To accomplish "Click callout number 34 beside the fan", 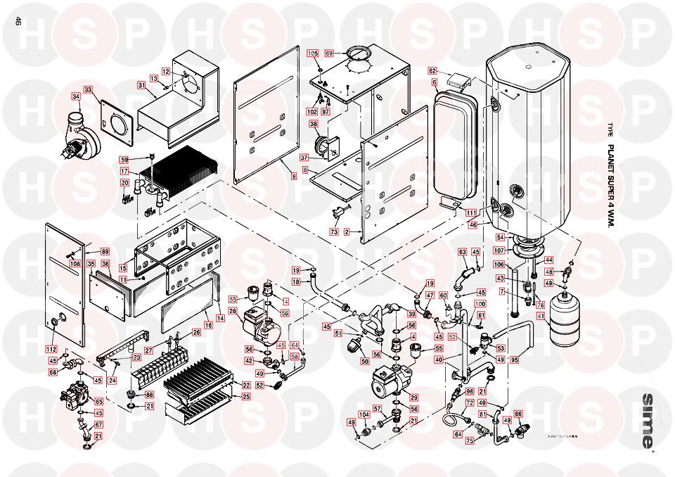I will point(76,96).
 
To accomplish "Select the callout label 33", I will point(88,90).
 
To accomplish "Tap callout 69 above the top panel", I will point(328,53).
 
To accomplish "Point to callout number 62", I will point(433,71).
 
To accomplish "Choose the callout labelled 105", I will point(313,53).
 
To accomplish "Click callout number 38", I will point(314,124).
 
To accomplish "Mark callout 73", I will point(334,231).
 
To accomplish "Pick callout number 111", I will point(470,212).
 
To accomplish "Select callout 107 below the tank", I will point(500,250).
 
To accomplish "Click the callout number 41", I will point(541,316).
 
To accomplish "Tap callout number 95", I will point(515,360).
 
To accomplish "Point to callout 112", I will point(51,350).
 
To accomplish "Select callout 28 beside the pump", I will point(232,311).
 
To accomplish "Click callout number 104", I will point(364,415).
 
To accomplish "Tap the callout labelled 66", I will point(518,414).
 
